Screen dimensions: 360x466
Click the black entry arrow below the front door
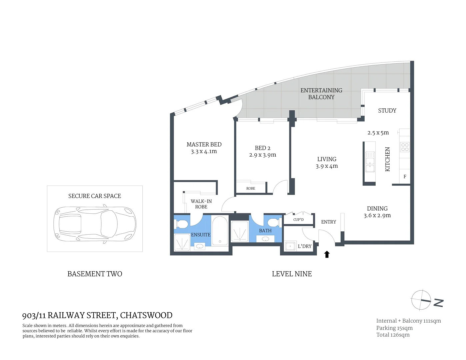(x=327, y=254)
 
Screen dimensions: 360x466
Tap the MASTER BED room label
(x=204, y=144)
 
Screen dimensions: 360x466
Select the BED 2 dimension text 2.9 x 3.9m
(x=263, y=155)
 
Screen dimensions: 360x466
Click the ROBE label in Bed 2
(x=251, y=189)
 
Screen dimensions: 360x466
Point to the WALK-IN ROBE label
(x=201, y=204)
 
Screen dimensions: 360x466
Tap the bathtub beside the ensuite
(x=220, y=231)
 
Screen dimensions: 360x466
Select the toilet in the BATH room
(x=274, y=222)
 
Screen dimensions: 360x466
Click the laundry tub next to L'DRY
(x=290, y=246)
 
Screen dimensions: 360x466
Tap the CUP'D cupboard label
(x=298, y=220)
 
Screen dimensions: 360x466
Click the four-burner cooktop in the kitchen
(x=405, y=147)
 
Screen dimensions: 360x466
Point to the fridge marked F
(x=405, y=177)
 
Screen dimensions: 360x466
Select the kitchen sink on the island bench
(x=370, y=162)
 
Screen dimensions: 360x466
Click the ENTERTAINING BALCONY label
(x=321, y=94)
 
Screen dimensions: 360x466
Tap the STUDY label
(x=387, y=111)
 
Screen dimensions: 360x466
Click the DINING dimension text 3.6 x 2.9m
(x=377, y=216)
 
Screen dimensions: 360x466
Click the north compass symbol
(x=421, y=300)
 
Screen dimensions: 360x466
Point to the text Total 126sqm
(x=393, y=335)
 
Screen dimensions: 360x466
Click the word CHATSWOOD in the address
(x=146, y=315)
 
